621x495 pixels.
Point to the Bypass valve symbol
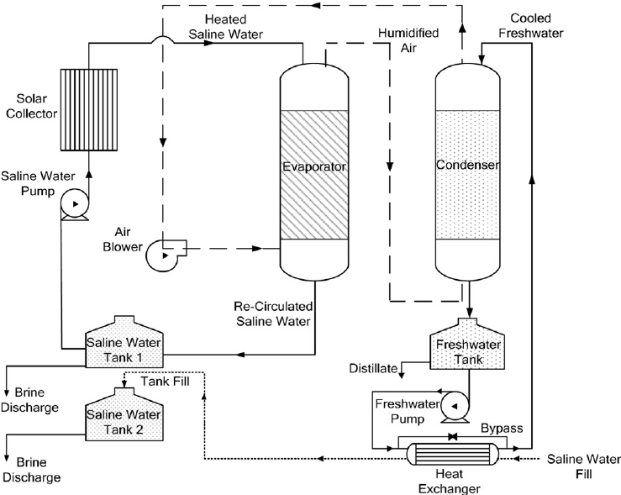[x=454, y=437]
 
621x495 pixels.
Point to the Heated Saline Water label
[x=222, y=26]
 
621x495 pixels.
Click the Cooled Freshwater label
[x=538, y=25]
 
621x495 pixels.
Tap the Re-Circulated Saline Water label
[x=273, y=313]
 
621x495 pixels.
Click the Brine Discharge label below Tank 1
[x=30, y=400]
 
